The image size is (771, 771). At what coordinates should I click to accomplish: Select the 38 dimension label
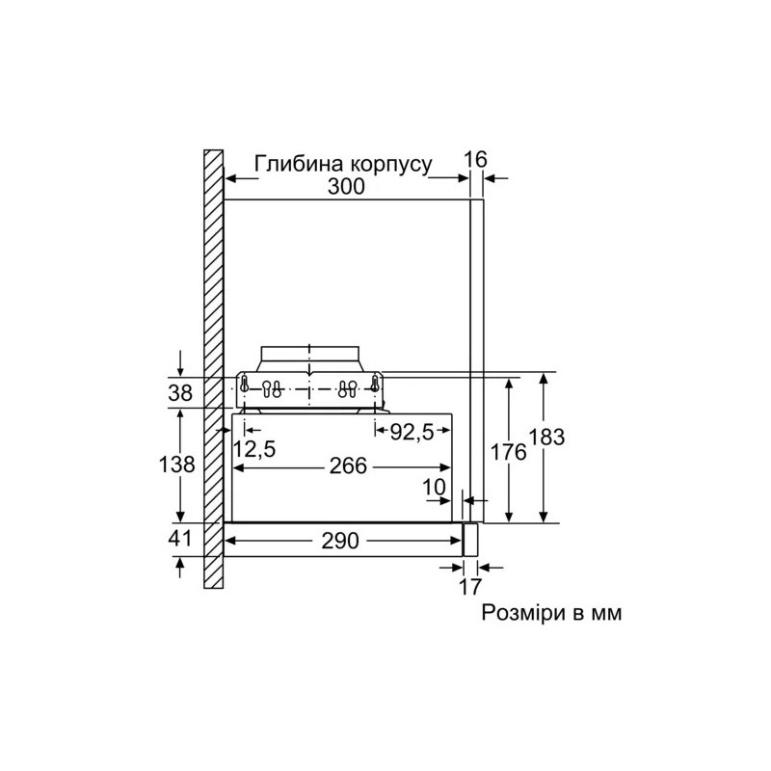pyautogui.click(x=180, y=392)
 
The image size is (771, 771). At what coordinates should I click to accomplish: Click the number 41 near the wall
pyautogui.click(x=180, y=540)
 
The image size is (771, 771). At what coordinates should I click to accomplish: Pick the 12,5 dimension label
pyautogui.click(x=253, y=448)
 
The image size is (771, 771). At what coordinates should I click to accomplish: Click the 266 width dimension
pyautogui.click(x=347, y=466)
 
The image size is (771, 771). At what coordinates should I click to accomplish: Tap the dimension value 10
pyautogui.click(x=436, y=489)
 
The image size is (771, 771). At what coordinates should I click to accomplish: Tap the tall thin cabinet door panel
pyautogui.click(x=475, y=357)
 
